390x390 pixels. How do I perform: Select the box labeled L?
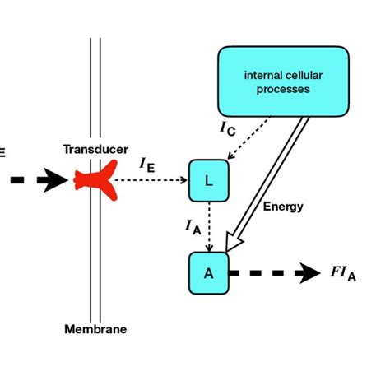pos(208,180)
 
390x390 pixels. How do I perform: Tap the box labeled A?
pos(208,273)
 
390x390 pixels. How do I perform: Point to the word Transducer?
pos(95,149)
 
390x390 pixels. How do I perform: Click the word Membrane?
pos(95,329)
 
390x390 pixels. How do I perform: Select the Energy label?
pos(283,207)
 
